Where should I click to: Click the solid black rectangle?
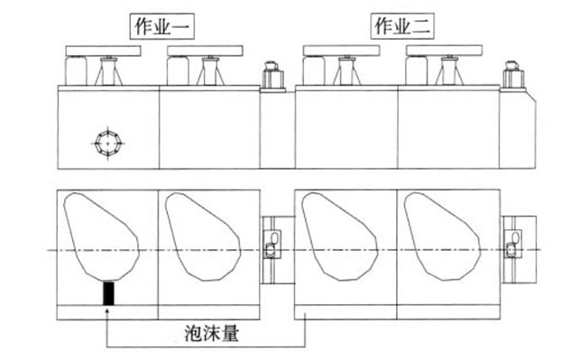click(109, 293)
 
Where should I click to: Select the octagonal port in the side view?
click(108, 142)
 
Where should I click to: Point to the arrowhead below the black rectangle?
click(109, 312)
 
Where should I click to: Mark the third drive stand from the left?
click(344, 70)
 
